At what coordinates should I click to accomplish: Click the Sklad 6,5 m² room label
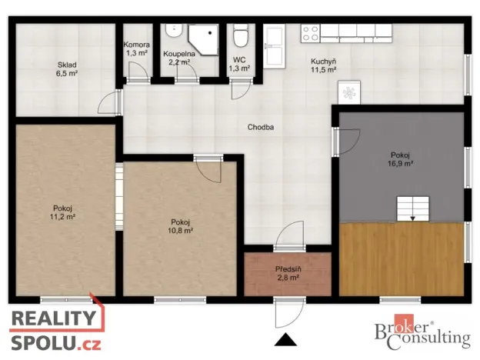pos(66,68)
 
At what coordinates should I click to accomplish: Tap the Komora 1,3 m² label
pos(136,48)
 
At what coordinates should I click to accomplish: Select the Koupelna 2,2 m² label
pos(178,58)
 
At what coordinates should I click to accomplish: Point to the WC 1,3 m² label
pos(240,64)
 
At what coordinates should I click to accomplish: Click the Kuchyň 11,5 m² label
pos(323,65)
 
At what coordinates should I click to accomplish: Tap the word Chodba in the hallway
pos(262,127)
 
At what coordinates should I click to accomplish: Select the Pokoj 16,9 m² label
pos(402,158)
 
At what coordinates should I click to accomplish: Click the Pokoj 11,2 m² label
pos(63,212)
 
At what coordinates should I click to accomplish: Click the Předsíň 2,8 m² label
pos(289,273)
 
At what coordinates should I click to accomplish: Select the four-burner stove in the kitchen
pos(310,33)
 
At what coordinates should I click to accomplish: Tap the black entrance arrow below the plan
pos(286,339)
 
